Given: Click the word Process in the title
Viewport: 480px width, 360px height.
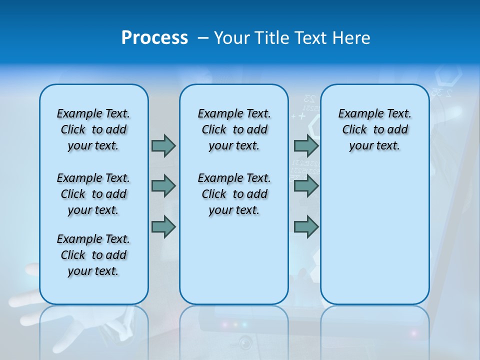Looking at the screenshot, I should point(154,38).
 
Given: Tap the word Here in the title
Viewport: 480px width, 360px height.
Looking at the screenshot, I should point(352,38).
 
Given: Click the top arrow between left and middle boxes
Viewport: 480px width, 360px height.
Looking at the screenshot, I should point(163,145).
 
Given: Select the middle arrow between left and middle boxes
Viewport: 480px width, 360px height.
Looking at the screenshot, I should point(163,186).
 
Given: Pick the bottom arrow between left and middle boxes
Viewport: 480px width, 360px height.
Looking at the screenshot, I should point(163,226).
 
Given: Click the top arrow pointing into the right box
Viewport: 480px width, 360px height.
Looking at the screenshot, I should point(306,145).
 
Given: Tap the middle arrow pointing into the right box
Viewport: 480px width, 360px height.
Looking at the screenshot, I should point(306,186).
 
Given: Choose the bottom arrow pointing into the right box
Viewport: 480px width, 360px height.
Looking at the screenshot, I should point(306,226).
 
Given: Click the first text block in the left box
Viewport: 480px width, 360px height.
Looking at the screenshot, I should point(93,129).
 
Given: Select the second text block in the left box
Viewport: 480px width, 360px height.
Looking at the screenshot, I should point(93,194).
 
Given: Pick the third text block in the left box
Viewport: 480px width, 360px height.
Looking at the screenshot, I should point(93,255).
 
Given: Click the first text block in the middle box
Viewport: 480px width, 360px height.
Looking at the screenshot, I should point(234,129).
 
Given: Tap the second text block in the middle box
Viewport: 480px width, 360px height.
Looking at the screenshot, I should point(234,194).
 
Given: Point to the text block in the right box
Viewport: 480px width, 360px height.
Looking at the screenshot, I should point(374,129).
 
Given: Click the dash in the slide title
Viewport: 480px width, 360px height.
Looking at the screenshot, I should point(203,38).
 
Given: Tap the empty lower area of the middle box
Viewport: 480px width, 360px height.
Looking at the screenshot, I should point(234,260).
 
